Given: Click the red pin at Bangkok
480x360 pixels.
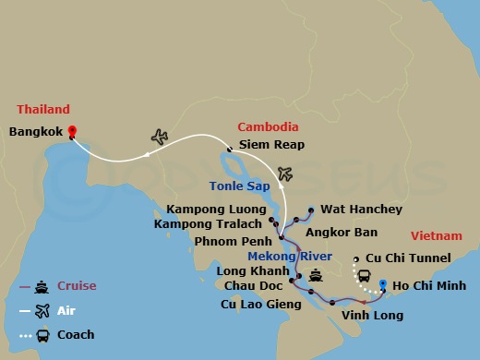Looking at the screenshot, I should click(x=72, y=132).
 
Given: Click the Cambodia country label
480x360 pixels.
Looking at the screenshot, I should click(x=268, y=126).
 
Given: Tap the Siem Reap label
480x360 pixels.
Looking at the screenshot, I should click(x=271, y=145).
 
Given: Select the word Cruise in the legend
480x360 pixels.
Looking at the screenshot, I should click(x=77, y=286).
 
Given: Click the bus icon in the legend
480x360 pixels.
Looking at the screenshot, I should click(x=41, y=335).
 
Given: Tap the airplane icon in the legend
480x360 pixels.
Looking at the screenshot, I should click(x=41, y=310).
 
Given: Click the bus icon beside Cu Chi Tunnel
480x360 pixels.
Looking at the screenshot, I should click(x=364, y=275).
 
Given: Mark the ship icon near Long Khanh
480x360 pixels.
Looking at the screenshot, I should click(x=316, y=274).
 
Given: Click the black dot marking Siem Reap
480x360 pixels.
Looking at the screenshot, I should click(x=229, y=148).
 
